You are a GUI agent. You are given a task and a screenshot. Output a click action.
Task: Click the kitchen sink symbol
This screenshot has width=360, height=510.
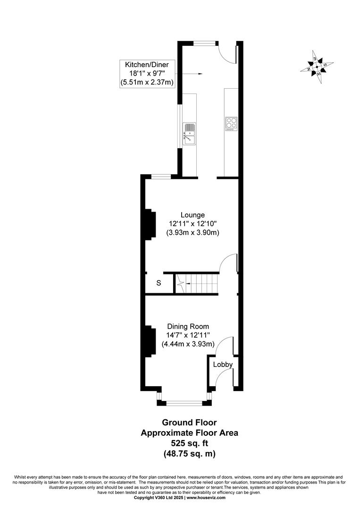pos(189,134)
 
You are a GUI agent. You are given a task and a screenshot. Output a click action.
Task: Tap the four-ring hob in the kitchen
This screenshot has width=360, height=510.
pos(231,124)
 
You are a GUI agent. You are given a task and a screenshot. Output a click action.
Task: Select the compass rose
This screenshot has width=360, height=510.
pos(317,67)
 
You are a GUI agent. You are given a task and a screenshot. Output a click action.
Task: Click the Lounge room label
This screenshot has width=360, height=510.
pos(193,215)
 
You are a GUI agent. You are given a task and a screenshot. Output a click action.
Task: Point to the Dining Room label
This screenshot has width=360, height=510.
pos(188,326)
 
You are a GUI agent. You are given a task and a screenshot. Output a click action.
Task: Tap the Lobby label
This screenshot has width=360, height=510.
pos(223,365)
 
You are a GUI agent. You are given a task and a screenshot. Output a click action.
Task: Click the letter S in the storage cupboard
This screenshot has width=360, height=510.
pos(159,283)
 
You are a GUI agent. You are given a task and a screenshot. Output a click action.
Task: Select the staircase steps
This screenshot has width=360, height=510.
pos(196,284)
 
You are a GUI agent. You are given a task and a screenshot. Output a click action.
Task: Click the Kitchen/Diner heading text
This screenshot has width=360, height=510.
pos(147,64)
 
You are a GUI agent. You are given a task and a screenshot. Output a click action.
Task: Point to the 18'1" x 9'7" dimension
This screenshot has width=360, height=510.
pos(147,74)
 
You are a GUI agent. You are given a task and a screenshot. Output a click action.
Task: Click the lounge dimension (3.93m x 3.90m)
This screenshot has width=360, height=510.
pos(193,233)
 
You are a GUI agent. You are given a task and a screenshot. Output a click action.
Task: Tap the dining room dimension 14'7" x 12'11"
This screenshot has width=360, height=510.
pos(188,335)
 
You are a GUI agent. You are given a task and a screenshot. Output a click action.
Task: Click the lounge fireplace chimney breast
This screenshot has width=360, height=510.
pos(150,225)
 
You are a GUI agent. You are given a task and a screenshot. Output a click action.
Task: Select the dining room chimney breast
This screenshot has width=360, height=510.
pos(150,341)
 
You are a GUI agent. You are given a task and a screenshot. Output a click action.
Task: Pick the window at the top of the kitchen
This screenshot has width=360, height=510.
pos(205,43)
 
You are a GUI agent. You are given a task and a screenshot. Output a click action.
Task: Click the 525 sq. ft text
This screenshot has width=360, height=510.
pos(189,443)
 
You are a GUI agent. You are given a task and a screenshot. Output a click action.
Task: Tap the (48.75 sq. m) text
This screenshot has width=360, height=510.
pos(189,454)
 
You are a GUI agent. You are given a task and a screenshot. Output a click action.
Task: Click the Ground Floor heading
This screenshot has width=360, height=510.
pos(189,423)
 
